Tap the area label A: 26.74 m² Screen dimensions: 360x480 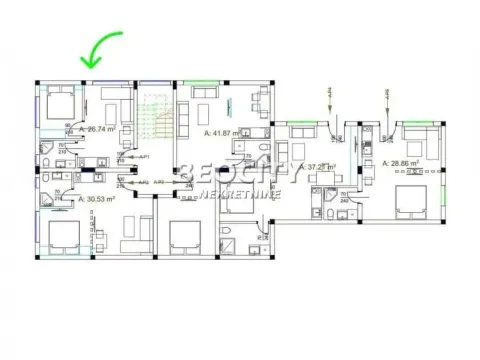coord(99,129)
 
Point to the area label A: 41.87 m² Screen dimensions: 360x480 coord(224,132)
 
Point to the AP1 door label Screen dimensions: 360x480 coord(144,158)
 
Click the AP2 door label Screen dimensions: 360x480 coord(144,182)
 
